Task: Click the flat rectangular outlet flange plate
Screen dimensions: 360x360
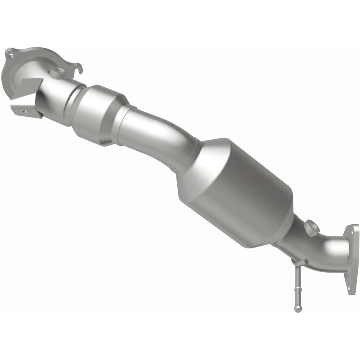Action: [x=350, y=259]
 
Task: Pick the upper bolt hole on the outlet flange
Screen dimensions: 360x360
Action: [x=350, y=233]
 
